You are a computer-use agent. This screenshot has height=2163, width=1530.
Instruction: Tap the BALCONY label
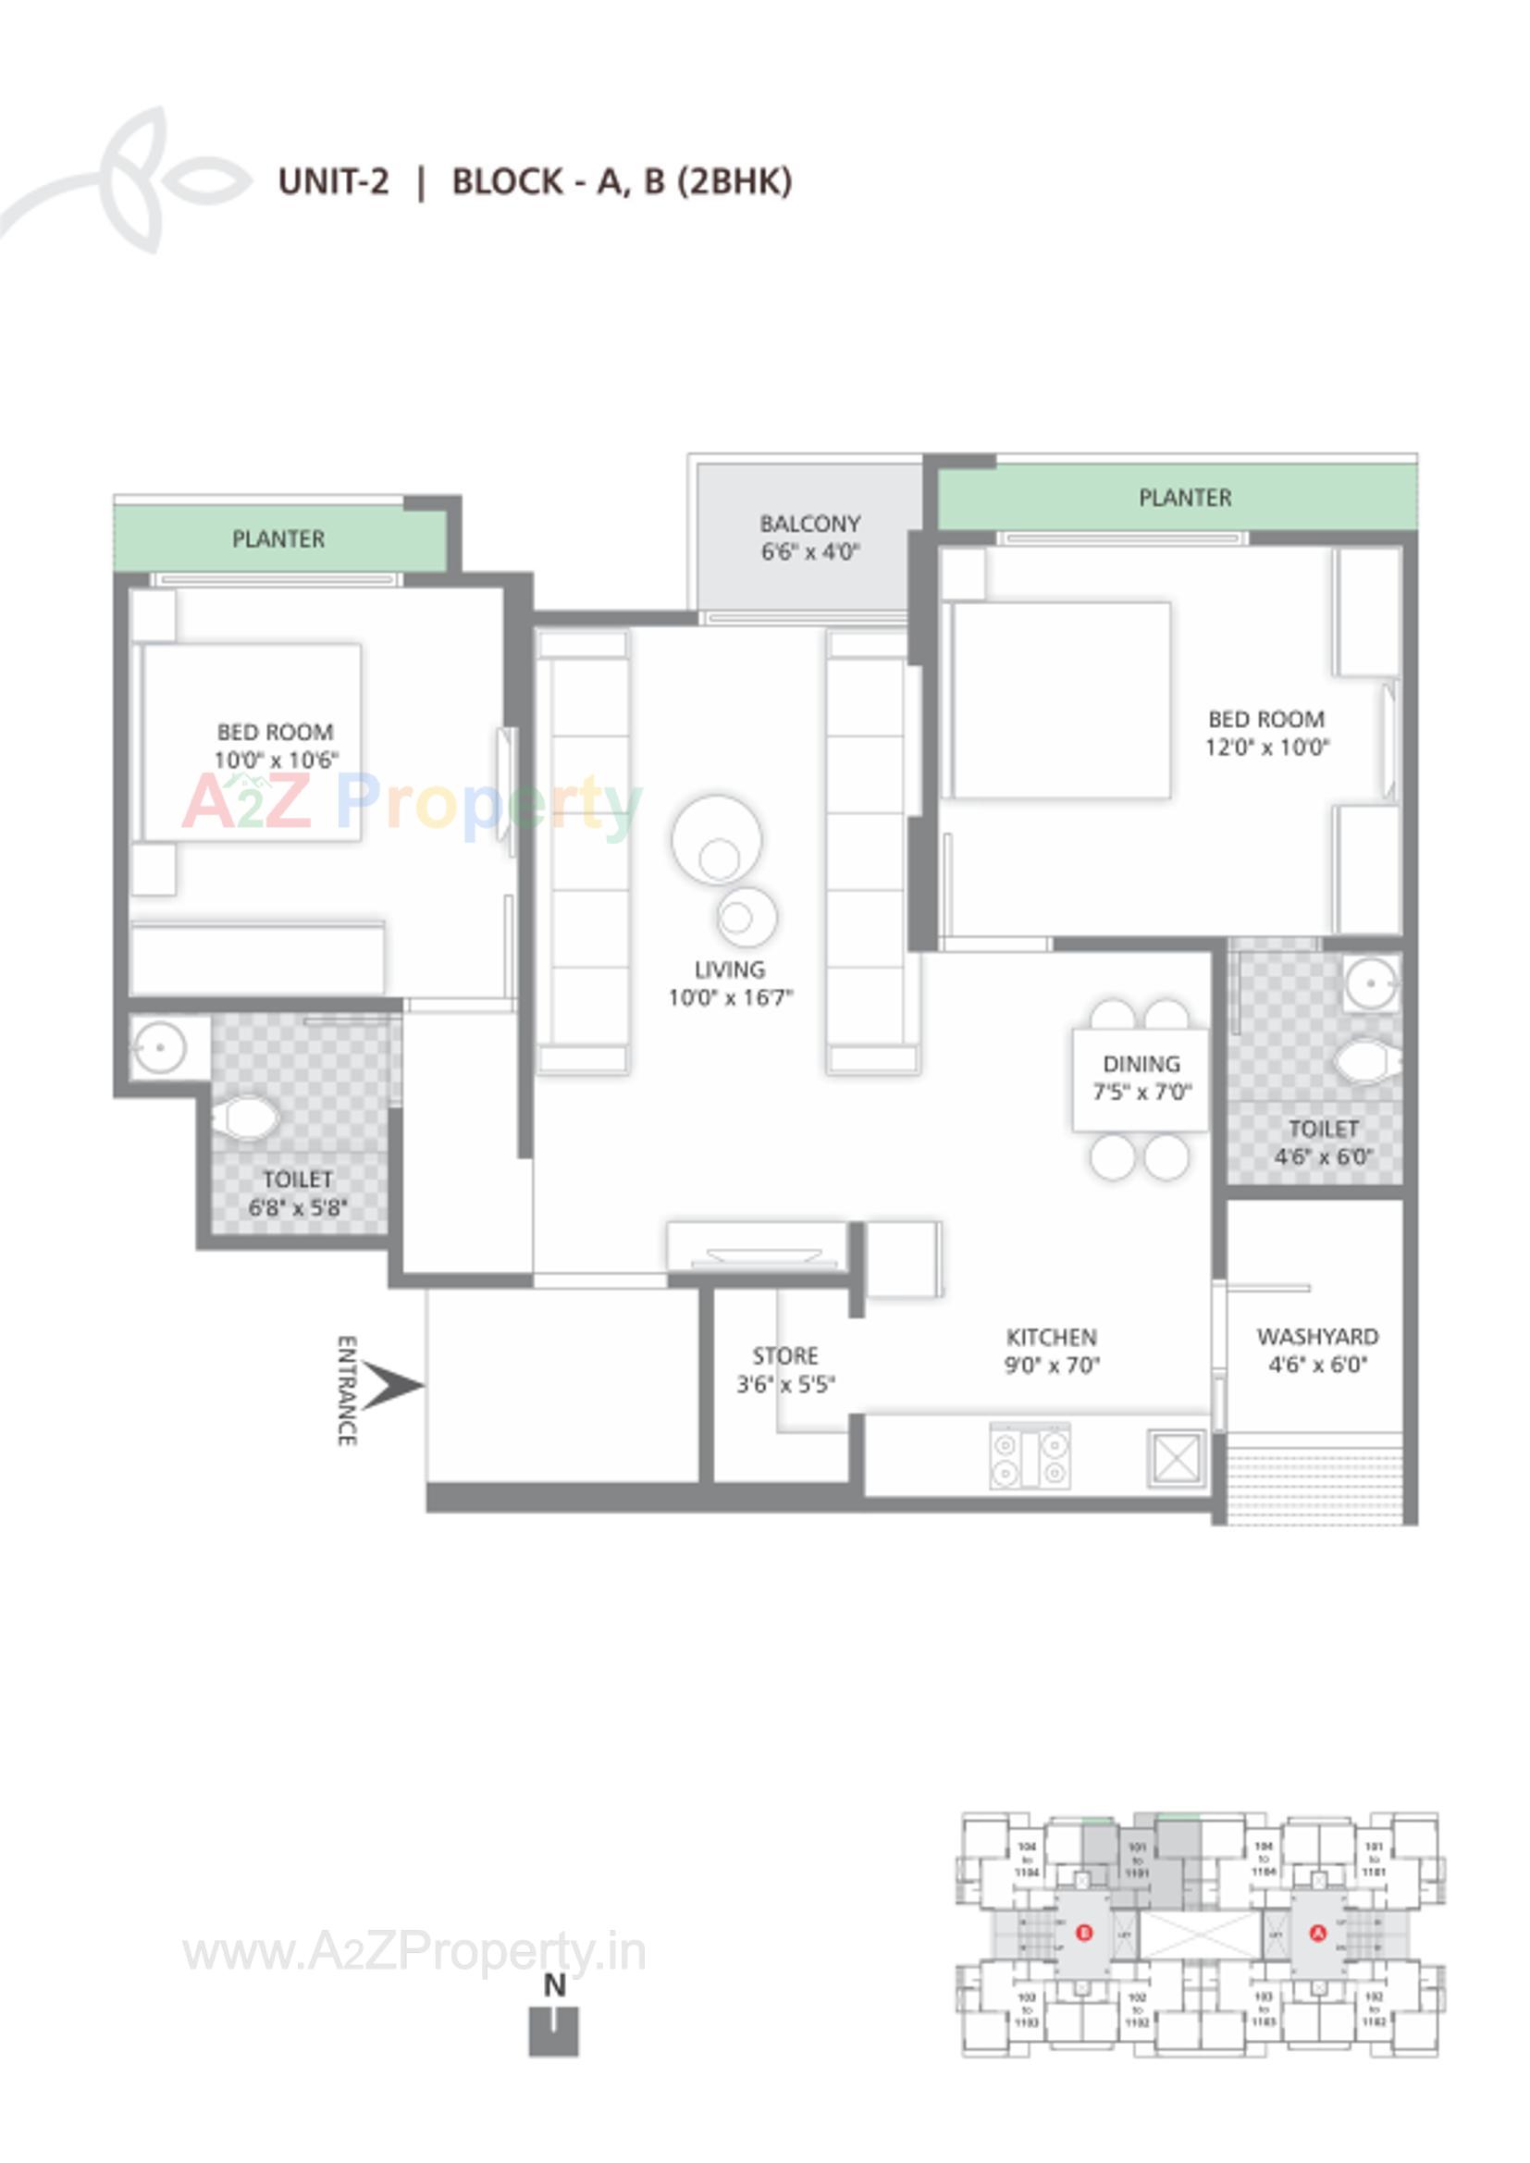810,524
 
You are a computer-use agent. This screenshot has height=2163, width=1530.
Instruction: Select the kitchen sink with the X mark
1175,1458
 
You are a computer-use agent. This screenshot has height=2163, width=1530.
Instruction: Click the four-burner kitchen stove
1030,1456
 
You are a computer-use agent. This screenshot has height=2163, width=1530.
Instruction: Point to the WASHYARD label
1317,1336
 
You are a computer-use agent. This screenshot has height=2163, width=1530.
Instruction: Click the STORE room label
784,1355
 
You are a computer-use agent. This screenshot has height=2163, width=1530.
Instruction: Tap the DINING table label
1141,1064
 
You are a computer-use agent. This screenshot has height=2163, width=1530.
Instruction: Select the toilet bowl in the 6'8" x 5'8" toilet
246,1119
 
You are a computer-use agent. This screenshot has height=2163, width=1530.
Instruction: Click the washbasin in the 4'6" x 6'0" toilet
1372,984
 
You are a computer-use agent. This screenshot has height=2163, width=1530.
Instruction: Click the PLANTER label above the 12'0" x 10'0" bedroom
1185,498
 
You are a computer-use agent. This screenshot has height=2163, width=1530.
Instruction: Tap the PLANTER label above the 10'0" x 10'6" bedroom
278,538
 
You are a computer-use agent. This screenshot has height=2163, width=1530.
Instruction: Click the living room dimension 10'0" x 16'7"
731,996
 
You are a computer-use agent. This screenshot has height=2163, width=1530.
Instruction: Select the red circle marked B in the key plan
1084,1933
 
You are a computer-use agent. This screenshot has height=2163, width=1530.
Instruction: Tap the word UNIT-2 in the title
334,181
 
